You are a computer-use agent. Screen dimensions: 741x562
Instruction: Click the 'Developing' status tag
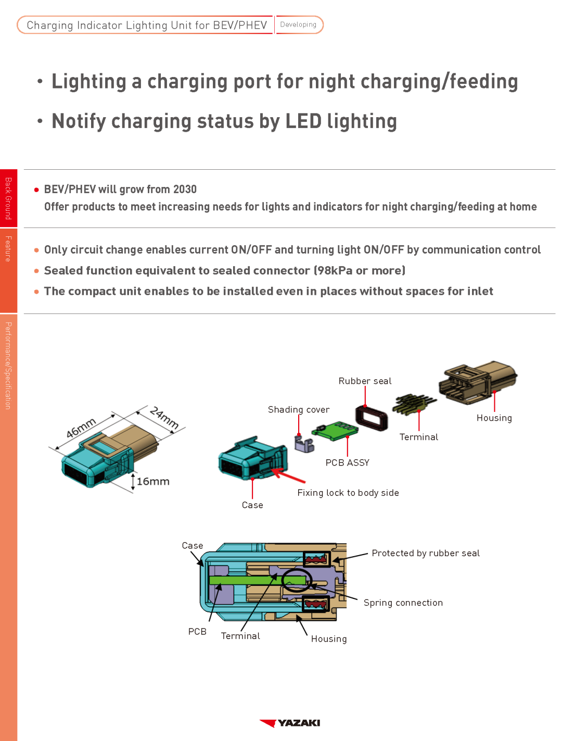click(x=298, y=24)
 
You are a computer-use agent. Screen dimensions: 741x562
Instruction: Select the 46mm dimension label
click(x=81, y=428)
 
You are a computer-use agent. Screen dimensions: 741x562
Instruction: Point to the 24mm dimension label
click(x=164, y=418)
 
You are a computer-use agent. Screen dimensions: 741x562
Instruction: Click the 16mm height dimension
click(x=152, y=482)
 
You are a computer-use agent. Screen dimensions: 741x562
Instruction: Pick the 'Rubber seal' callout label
click(x=365, y=381)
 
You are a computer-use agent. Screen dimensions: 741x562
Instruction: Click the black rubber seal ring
click(x=372, y=418)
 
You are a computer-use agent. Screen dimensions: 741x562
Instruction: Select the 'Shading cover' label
click(x=298, y=410)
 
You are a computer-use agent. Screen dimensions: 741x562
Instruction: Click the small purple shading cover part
click(x=304, y=444)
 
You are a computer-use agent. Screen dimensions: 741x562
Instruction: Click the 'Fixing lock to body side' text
click(x=348, y=493)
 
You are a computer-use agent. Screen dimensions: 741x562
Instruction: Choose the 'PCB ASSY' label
click(x=347, y=463)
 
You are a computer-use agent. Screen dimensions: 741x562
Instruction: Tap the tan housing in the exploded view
click(x=477, y=382)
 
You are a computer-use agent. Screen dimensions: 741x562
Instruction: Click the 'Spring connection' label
click(x=403, y=603)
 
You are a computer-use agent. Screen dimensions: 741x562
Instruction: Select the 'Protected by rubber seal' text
click(x=426, y=554)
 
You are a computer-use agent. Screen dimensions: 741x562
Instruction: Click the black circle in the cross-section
click(x=297, y=580)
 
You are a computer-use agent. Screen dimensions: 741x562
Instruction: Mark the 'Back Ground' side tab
click(x=8, y=198)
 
